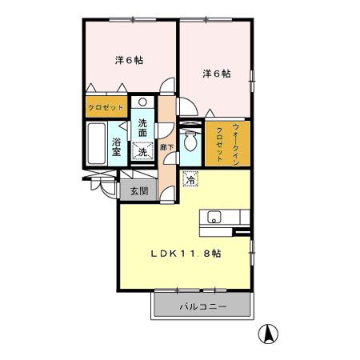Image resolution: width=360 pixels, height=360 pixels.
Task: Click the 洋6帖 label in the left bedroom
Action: (x=128, y=59)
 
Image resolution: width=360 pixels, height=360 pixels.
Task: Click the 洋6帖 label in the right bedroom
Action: (x=216, y=74)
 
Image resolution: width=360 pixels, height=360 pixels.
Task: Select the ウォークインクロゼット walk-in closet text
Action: (x=226, y=142)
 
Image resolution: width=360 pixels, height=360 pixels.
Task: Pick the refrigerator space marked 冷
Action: (x=190, y=179)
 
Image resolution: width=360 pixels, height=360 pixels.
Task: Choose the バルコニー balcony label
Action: (x=202, y=306)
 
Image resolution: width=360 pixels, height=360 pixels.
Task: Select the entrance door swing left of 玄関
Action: (x=102, y=186)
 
